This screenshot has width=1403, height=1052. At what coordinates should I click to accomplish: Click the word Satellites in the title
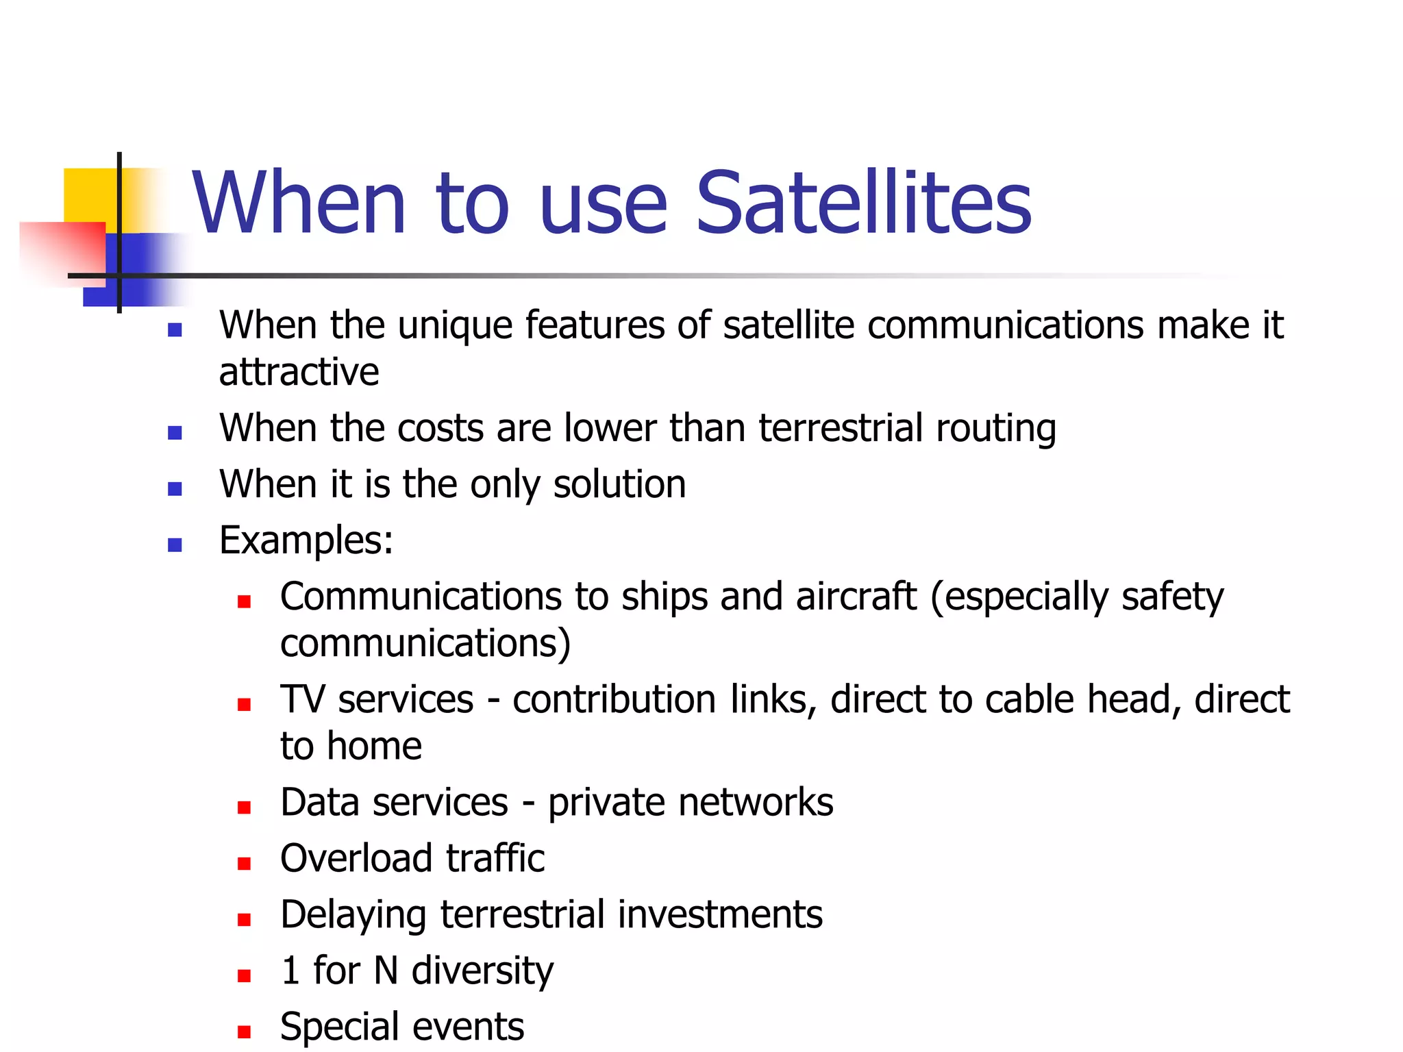pyautogui.click(x=863, y=203)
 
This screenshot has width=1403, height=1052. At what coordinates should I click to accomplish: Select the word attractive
pyautogui.click(x=299, y=373)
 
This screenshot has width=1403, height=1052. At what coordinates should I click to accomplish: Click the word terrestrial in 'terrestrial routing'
pyautogui.click(x=840, y=429)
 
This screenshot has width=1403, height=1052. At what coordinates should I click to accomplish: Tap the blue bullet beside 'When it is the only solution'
pyautogui.click(x=175, y=488)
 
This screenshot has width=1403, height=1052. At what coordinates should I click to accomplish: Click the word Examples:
pyautogui.click(x=306, y=541)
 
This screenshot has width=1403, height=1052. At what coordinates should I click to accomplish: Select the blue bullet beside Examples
pyautogui.click(x=175, y=544)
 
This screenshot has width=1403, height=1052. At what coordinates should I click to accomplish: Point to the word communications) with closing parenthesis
pyautogui.click(x=425, y=644)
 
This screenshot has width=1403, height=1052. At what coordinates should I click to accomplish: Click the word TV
pyautogui.click(x=302, y=700)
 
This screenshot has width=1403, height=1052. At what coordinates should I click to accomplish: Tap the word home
pyautogui.click(x=374, y=747)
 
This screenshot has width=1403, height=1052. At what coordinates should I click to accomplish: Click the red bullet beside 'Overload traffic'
pyautogui.click(x=244, y=863)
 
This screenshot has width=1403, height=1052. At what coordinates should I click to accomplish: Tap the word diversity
pyautogui.click(x=482, y=971)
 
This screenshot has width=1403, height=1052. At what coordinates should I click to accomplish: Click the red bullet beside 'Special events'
pyautogui.click(x=244, y=1031)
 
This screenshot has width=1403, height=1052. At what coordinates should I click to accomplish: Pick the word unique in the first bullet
pyautogui.click(x=455, y=326)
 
